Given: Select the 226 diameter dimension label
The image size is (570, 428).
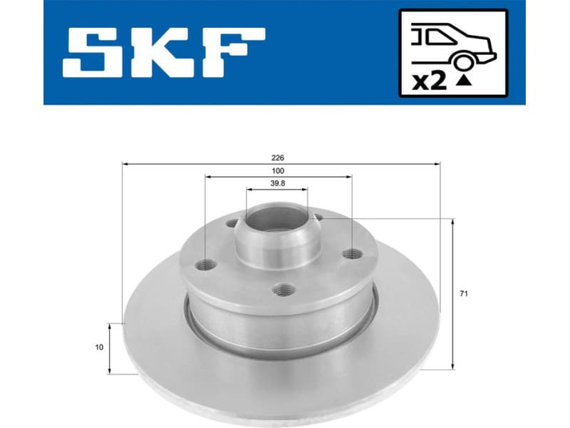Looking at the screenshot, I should coord(279,157).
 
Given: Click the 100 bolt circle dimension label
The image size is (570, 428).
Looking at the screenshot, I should coord(278,171).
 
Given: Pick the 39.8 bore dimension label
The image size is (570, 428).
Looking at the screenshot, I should coord(277,183).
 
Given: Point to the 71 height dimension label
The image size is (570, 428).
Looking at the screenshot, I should coord(465,293).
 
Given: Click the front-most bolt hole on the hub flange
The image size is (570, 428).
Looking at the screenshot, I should coord(285,289).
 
